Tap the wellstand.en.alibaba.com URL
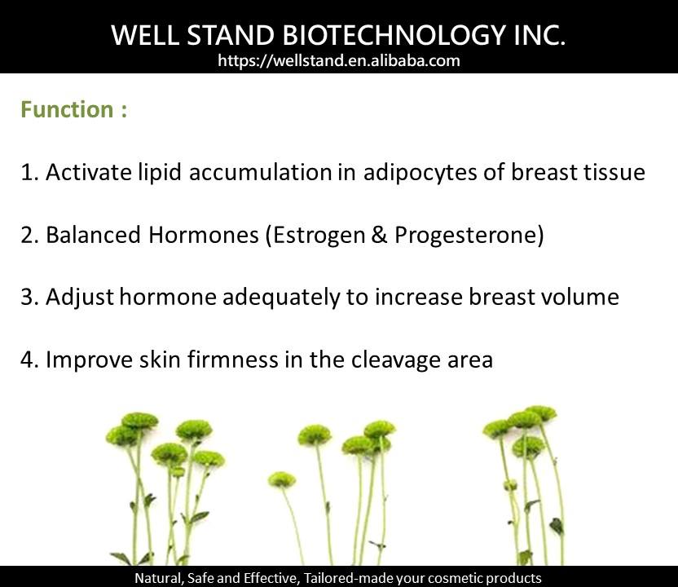[339, 60]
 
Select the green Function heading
[74, 109]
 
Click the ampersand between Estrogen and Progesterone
[379, 235]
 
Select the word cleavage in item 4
[396, 360]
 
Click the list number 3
[27, 298]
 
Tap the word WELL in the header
[145, 35]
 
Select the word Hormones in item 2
[203, 235]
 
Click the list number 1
[26, 172]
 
